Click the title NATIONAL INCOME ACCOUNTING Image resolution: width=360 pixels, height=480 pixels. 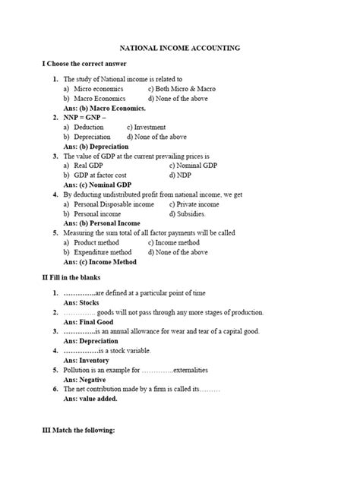180,47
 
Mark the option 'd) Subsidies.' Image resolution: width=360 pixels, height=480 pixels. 189,213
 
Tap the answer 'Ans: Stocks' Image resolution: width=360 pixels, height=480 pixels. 81,302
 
